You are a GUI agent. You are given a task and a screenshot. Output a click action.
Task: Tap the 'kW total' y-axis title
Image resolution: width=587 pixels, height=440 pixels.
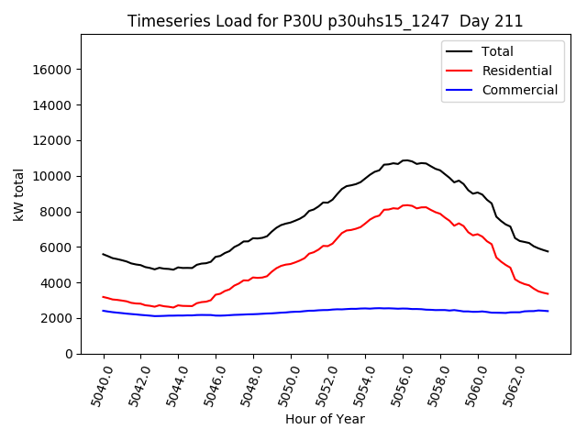(x=19, y=194)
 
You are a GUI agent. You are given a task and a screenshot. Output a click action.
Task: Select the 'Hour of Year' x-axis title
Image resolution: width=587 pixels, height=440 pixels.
(x=325, y=419)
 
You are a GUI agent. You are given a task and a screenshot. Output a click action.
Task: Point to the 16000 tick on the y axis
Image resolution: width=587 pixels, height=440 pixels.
(x=54, y=70)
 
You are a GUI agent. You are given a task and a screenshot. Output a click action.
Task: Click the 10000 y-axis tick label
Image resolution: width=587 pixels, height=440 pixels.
(x=54, y=176)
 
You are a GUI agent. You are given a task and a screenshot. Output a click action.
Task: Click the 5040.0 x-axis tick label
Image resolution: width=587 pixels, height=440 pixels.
(x=95, y=384)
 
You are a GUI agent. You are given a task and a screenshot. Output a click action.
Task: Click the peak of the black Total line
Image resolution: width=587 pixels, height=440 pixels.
(x=404, y=160)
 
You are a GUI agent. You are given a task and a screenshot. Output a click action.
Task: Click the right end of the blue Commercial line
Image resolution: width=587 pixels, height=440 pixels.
(x=548, y=312)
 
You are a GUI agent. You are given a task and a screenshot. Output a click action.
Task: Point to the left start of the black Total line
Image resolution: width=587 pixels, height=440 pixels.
(x=104, y=254)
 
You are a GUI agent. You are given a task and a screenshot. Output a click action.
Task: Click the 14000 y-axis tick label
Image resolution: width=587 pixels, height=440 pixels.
(x=54, y=105)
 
